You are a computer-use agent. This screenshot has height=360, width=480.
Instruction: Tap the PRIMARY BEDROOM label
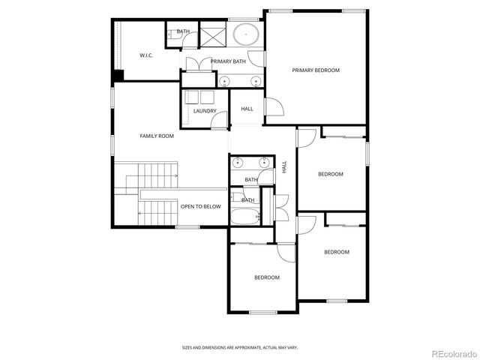pos(316,70)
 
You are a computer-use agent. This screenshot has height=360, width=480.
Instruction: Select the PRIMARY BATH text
pos(228,61)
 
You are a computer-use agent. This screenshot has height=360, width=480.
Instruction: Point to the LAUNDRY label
pos(205,111)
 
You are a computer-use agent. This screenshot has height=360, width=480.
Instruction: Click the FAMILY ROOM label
pos(157,136)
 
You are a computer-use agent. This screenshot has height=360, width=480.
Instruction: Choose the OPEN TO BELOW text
pos(200,206)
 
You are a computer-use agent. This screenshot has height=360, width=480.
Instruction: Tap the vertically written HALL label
pos(284,167)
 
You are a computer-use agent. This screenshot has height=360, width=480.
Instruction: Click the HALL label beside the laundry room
pos(247,109)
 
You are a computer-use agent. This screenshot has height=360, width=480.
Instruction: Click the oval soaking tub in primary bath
pos(244,34)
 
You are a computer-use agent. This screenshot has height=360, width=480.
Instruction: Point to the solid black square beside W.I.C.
pos(118,76)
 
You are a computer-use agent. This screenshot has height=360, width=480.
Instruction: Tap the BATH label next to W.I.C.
pos(183,31)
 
